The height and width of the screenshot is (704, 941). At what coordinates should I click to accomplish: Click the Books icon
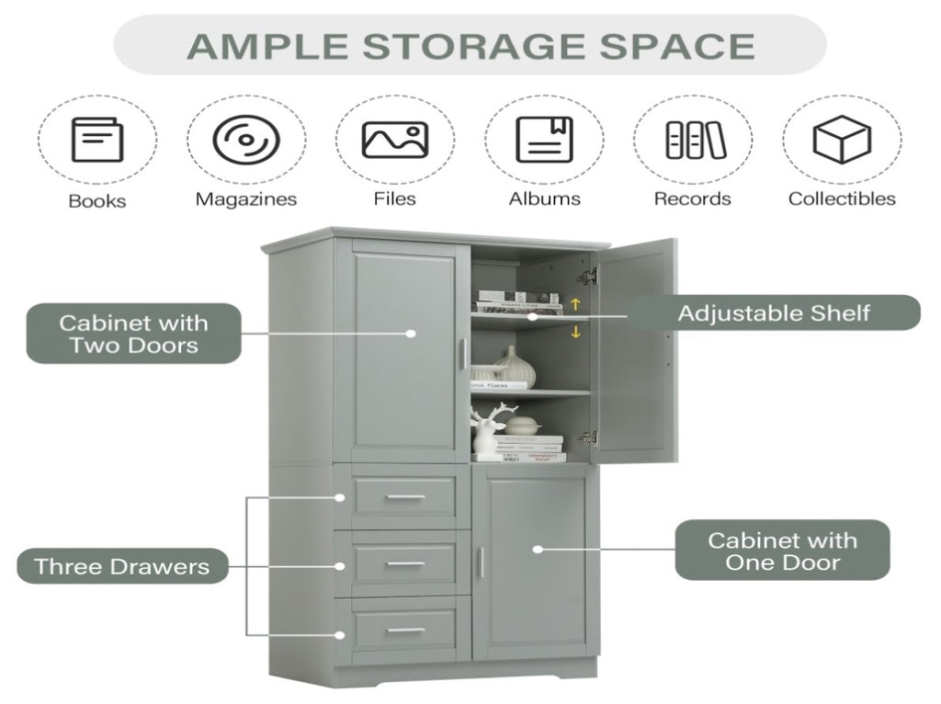[x=96, y=141]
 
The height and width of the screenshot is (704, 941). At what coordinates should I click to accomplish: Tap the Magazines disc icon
[x=246, y=140]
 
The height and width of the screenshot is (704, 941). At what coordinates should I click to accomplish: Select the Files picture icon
[x=394, y=140]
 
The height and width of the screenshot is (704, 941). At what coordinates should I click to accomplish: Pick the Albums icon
[x=544, y=140]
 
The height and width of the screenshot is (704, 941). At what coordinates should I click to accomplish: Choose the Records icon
[x=695, y=140]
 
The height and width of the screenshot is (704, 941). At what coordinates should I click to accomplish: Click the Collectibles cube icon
[x=841, y=140]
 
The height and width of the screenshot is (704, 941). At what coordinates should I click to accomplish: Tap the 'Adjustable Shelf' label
[x=773, y=312]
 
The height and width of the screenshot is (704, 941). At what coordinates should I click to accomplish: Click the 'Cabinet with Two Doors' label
[x=134, y=335]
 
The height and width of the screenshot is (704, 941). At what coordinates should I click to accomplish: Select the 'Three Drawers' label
[x=122, y=566]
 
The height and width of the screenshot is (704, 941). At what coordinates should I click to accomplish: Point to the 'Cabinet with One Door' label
[x=782, y=551]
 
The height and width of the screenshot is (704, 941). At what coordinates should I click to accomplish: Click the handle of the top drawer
[x=404, y=497]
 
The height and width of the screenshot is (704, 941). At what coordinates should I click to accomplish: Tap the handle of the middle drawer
[x=404, y=564]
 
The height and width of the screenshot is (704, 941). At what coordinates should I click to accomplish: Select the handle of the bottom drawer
[x=404, y=630]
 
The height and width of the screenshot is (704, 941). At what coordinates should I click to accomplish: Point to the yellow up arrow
[x=576, y=303]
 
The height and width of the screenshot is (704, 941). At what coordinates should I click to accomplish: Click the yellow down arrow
[x=576, y=332]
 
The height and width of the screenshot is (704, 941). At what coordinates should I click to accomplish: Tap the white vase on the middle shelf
[x=516, y=368]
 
